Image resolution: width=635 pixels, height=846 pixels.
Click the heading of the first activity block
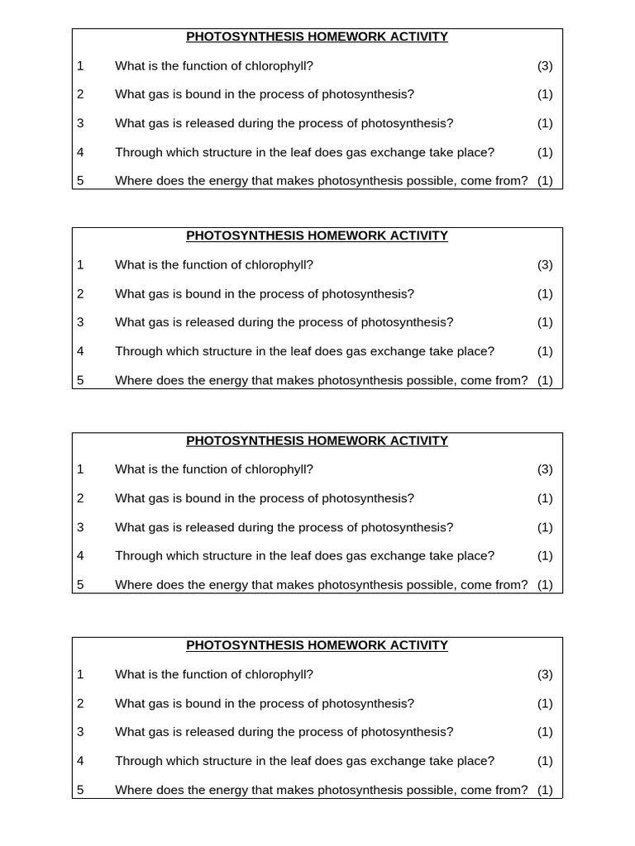pos(317,37)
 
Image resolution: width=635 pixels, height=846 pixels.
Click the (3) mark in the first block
pos(545,66)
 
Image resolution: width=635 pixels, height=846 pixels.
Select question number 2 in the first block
pos(80,95)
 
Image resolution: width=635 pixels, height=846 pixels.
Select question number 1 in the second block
pos(80,265)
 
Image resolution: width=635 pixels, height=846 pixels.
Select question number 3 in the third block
pos(80,527)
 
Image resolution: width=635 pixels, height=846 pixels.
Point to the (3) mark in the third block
pos(545,469)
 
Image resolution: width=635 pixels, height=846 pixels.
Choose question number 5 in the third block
pos(80,585)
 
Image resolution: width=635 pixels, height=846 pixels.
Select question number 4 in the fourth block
pos(80,761)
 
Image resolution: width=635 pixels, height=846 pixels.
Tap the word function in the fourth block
pos(211,674)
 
